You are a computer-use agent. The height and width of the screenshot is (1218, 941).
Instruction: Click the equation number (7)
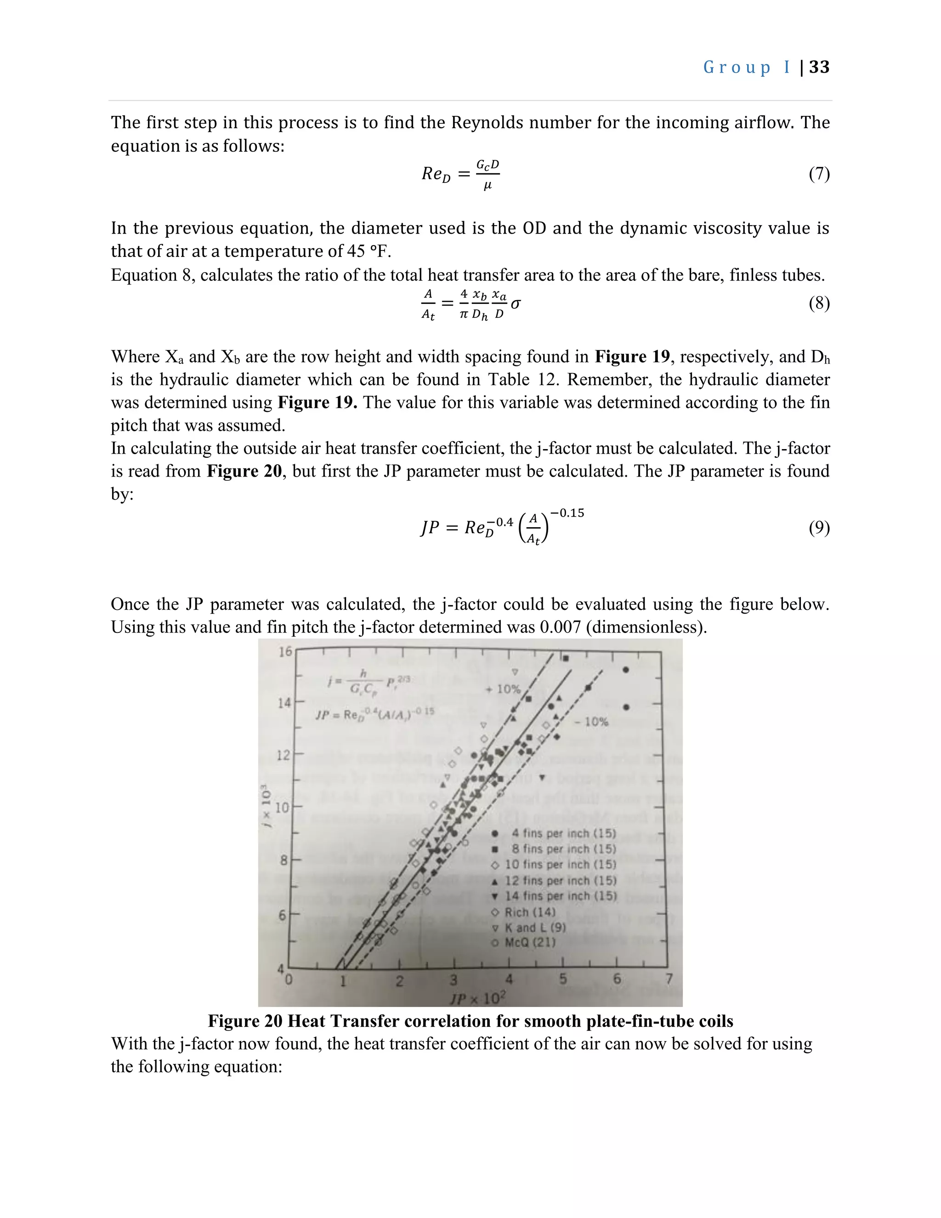[819, 174]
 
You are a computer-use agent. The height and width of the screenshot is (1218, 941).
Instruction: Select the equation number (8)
[819, 303]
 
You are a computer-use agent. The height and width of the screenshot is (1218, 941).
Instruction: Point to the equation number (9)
[819, 528]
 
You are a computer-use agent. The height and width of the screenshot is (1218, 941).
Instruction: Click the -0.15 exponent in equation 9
[567, 513]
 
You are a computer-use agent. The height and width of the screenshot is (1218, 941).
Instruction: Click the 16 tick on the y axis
[285, 651]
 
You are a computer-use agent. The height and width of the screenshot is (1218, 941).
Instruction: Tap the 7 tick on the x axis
[669, 979]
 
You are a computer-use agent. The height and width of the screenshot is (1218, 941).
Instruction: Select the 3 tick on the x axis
[453, 980]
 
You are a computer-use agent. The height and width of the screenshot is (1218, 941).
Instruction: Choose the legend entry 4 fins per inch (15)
[563, 833]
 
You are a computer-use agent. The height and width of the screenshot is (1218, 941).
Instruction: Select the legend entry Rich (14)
[530, 912]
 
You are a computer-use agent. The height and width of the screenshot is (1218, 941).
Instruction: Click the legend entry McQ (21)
[530, 943]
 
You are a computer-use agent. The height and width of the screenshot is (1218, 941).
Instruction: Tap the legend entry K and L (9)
[535, 928]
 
